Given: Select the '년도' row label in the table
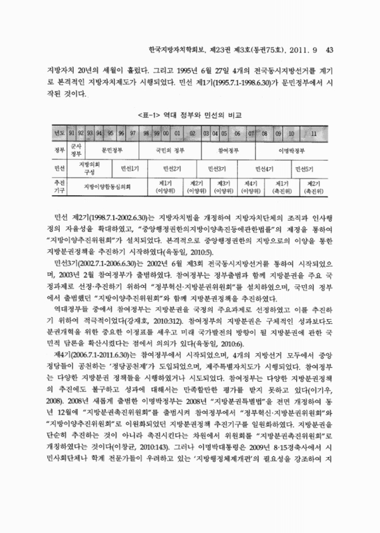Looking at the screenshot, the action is [x=58, y=133].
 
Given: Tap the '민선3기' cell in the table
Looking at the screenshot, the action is [x=218, y=169].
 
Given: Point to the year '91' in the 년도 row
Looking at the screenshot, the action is [x=72, y=133].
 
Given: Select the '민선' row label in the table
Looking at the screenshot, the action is [x=58, y=169].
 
